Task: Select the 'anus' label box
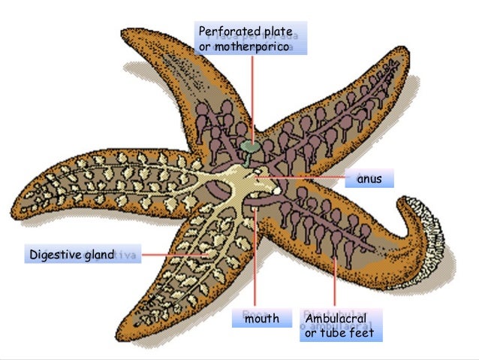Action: point(369,179)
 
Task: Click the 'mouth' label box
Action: point(261,319)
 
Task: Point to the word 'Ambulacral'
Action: point(335,319)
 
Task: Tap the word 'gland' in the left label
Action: point(98,255)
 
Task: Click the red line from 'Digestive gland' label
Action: point(173,254)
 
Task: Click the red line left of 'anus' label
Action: point(308,177)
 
